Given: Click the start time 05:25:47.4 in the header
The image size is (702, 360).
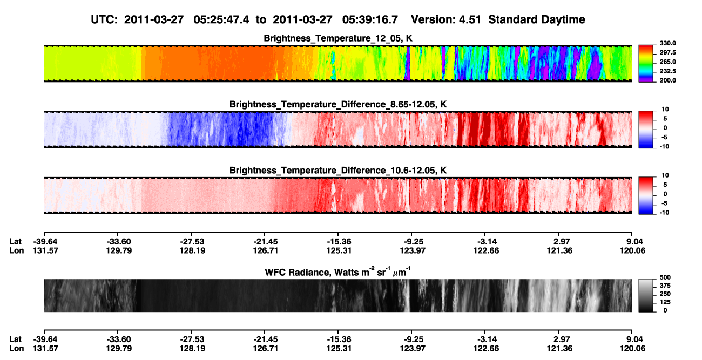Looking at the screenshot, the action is coord(221,20).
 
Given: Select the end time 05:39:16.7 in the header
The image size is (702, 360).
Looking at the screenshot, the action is coord(370,20).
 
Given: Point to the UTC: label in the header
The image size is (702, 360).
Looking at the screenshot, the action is coord(104,20).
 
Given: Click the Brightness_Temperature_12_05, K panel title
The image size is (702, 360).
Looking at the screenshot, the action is coord(338,38).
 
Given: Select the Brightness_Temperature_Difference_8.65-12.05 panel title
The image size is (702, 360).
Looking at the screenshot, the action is coord(338,104).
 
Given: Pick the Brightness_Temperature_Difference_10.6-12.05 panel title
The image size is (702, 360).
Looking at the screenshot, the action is coord(338,171).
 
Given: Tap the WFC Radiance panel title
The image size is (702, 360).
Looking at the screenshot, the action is coord(338,271).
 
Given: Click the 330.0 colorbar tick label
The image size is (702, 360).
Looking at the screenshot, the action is coord(667,43).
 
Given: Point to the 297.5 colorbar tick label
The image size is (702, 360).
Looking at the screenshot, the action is coord(667,52).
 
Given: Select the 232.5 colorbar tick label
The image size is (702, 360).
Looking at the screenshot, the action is coord(667,71).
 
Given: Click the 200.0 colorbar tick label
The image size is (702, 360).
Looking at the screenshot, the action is coord(667,80).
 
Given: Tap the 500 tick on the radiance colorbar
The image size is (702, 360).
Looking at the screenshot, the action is coord(665,277).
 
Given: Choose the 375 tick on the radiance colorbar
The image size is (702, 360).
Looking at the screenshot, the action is coord(665,286).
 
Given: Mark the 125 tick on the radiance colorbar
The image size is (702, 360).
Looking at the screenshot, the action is coord(665,302).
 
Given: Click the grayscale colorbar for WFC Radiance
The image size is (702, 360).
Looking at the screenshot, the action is coord(646,295).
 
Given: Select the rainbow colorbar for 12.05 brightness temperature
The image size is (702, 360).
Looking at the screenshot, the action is coord(646,64).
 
